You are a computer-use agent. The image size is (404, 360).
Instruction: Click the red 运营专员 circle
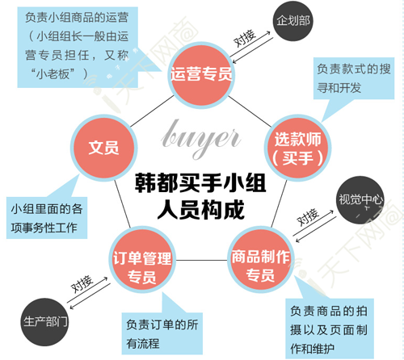[201, 75]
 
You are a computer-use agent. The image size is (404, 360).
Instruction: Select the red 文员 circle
[103, 148]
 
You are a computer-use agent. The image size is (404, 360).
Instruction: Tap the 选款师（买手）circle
[297, 148]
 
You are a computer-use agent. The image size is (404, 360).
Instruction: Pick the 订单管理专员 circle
[142, 260]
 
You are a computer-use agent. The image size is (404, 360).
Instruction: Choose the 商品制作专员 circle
[260, 260]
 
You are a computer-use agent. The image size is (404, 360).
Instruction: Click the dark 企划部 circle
[293, 21]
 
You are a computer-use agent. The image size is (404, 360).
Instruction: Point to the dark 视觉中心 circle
[360, 199]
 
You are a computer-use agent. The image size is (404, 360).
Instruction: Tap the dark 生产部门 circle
[44, 322]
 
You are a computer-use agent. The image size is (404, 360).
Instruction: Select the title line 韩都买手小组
[200, 183]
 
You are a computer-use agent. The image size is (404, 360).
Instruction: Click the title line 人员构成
[200, 209]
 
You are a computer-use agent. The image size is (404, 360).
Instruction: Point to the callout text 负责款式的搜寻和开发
[354, 78]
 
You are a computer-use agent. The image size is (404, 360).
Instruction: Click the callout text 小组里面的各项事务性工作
[47, 218]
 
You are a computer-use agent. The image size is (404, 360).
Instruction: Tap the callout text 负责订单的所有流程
[162, 334]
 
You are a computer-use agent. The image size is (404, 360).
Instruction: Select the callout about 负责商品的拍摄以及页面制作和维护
[329, 330]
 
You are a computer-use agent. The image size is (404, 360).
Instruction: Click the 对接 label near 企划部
[244, 38]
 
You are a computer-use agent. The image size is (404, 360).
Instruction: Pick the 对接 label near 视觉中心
[308, 217]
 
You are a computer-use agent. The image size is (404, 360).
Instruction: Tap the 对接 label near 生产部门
[82, 284]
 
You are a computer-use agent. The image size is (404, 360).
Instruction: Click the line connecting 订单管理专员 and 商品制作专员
[201, 260]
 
